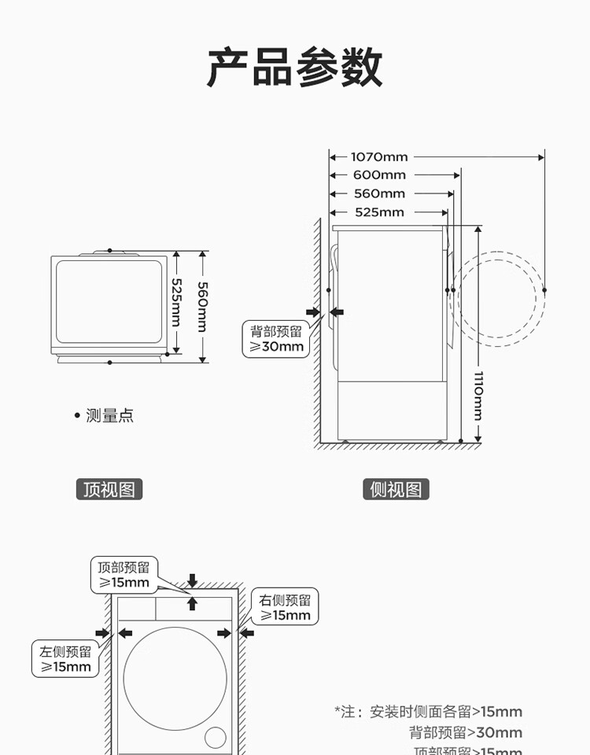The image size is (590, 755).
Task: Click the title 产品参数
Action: [x=295, y=68]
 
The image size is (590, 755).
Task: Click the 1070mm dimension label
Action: [x=379, y=157]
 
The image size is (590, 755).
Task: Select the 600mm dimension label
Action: [x=379, y=175]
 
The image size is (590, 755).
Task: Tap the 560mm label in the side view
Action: [x=379, y=193]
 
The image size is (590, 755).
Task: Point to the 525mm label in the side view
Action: [x=379, y=212]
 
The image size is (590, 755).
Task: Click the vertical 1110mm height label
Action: [x=478, y=395]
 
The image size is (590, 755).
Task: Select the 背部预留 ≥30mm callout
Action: [x=276, y=339]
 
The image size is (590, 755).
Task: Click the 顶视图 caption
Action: [x=109, y=490]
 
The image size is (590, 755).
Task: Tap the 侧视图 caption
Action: [x=396, y=490]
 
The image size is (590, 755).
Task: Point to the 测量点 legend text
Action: [x=110, y=415]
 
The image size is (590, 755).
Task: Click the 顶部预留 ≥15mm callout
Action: [x=124, y=575]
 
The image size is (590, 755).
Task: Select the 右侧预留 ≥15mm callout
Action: [x=286, y=607]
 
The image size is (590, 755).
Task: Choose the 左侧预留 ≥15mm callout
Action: [x=66, y=659]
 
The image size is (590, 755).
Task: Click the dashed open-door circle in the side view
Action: [x=497, y=299]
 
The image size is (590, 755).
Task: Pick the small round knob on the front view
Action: [x=215, y=737]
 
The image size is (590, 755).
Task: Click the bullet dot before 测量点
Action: [x=77, y=415]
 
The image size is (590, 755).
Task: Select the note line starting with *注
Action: [x=428, y=712]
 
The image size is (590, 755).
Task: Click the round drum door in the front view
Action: [x=175, y=678]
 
